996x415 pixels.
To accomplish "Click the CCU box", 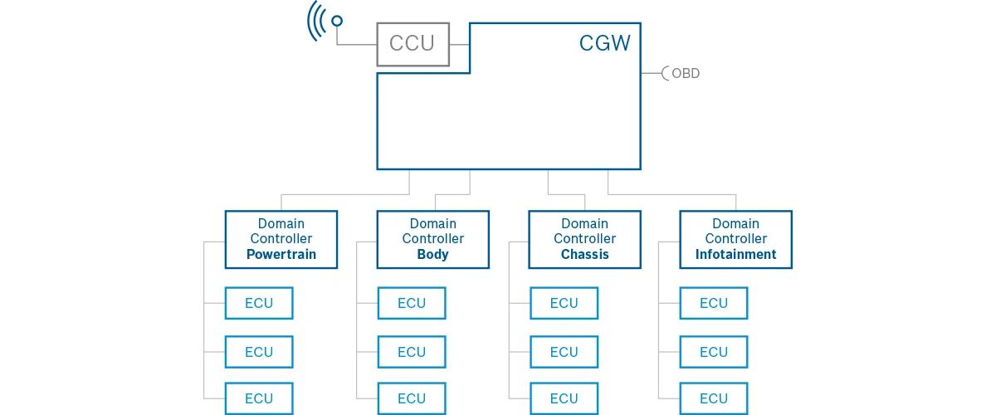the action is coord(413,45).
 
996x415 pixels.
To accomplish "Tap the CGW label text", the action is coord(604,43).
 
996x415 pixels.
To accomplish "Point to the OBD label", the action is coord(686,73).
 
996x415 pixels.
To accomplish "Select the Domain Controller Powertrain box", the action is coord(281,239).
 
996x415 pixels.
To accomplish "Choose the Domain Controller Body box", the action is coord(432,239).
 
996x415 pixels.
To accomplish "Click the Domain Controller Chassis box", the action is coord(584,239).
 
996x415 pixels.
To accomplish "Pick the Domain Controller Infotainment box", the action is coord(735,239).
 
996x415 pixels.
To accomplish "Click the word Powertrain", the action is coord(281,255).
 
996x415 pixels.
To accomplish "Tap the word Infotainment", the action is coord(735,255).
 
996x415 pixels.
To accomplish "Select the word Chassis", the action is coord(584,255).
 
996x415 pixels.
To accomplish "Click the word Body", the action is coord(432,255).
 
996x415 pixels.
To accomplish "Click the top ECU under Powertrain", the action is coord(259,303).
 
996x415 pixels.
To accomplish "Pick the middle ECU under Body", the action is coord(412,352).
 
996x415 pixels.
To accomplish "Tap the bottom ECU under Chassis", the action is coord(564,398).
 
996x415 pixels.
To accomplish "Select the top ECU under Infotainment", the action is coord(713,303).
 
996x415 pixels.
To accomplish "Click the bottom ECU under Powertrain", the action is coord(259,398).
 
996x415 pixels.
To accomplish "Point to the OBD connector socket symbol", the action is coord(664,73).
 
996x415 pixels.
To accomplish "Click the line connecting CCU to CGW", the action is coord(459,45).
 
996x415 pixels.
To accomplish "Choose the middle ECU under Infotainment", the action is coord(713,352).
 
